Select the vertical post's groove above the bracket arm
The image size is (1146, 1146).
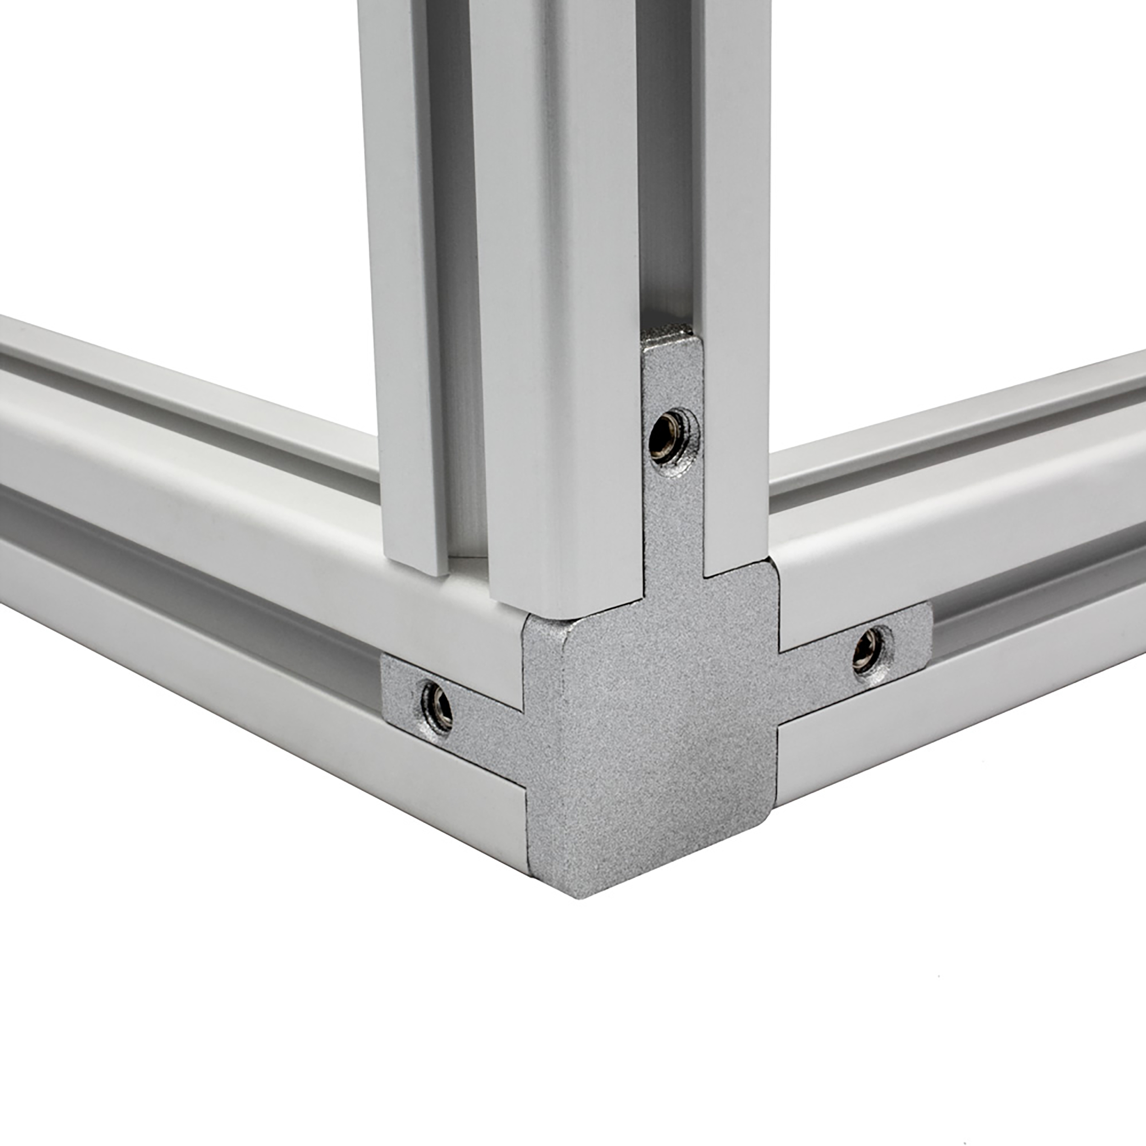pos(667,178)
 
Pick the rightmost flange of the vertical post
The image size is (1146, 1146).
pos(736,267)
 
